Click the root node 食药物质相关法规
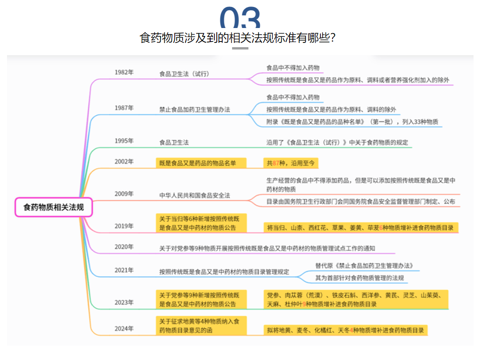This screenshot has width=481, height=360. coord(54,207)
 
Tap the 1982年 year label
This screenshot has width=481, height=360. coord(124,72)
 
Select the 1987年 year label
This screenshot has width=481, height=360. coord(124,108)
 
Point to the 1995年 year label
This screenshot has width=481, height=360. coord(124,141)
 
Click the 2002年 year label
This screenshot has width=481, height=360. coord(124,162)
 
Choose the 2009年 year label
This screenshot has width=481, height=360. coord(124,194)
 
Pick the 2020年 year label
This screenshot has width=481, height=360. coord(124,247)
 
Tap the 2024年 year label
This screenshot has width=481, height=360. coord(124,329)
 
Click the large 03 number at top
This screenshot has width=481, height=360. coord(240,18)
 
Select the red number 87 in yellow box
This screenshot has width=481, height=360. coord(276,163)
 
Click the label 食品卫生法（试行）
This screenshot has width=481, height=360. coord(184,74)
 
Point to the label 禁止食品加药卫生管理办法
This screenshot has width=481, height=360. coord(194,109)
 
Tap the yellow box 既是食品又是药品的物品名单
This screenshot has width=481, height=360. coord(201,163)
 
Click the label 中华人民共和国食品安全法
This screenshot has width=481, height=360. coord(194,195)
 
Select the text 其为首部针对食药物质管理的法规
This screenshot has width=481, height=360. coord(360,278)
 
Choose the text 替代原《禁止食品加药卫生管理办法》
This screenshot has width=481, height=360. coord(364,266)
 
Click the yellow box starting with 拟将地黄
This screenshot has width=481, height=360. coord(346,330)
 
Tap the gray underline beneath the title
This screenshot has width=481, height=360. coord(240,48)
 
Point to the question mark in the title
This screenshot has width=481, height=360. coord(333,38)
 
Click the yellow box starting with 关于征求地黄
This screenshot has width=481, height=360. coord(201,325)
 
